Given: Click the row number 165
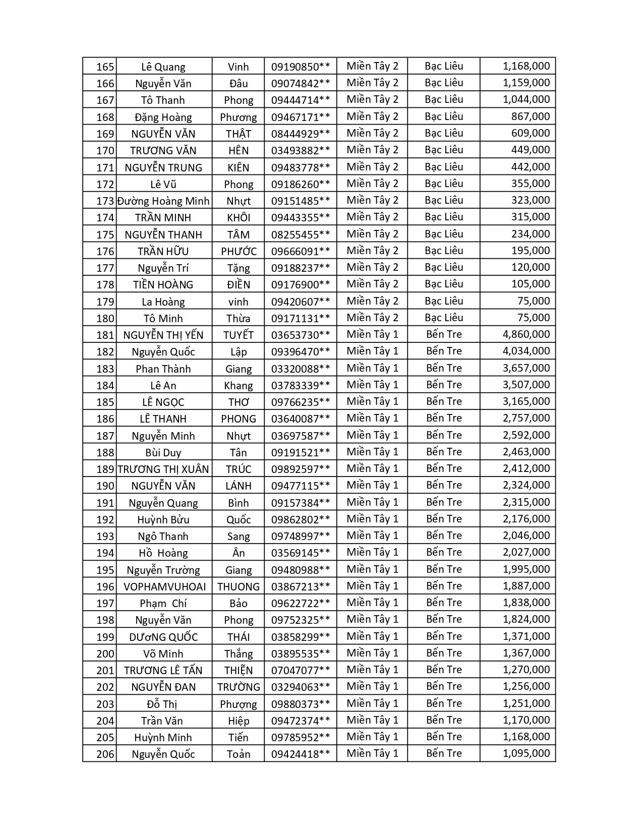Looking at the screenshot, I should pyautogui.click(x=105, y=67).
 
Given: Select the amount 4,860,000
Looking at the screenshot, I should pyautogui.click(x=526, y=334).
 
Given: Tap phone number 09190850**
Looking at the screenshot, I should pyautogui.click(x=300, y=67).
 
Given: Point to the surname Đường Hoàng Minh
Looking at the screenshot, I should pyautogui.click(x=163, y=201).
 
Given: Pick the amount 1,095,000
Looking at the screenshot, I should pyautogui.click(x=526, y=753).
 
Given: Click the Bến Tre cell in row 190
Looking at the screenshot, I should pyautogui.click(x=444, y=485).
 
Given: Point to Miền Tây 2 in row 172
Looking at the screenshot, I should pyautogui.click(x=372, y=184).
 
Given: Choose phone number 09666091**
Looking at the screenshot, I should pyautogui.click(x=300, y=251).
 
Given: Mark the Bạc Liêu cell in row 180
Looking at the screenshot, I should pyautogui.click(x=444, y=318).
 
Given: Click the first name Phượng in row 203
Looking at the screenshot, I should pyautogui.click(x=238, y=704).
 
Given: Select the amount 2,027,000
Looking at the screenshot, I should pyautogui.click(x=526, y=552).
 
